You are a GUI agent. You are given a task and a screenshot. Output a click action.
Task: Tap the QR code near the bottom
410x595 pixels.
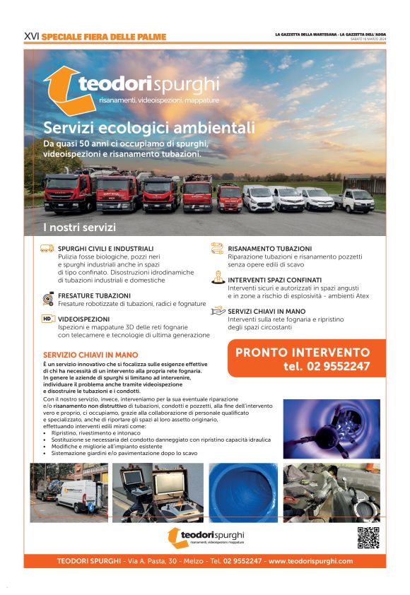[368, 538]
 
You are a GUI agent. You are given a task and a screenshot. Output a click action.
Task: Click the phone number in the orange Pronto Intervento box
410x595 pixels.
[327, 366]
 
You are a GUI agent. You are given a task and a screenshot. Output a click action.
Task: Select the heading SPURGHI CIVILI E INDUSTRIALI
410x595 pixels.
[105, 249]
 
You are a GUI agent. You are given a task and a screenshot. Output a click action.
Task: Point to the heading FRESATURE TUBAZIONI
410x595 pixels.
[94, 295]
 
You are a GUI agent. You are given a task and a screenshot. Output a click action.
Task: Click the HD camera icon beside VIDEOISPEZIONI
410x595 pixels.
[47, 319]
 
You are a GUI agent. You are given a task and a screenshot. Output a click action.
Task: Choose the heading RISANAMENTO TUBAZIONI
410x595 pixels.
[269, 249]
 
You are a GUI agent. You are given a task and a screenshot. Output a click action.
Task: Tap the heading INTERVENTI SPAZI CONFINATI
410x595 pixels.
[274, 280]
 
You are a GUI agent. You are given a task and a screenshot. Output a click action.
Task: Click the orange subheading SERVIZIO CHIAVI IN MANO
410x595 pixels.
[90, 355]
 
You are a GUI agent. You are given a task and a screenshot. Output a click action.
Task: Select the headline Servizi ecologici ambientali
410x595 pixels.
[148, 128]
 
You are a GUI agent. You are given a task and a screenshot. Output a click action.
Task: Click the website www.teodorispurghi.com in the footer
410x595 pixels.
[310, 561]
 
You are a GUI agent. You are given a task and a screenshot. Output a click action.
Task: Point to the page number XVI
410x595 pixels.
[31, 36]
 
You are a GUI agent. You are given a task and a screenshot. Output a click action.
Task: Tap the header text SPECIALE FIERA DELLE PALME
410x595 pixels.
[104, 36]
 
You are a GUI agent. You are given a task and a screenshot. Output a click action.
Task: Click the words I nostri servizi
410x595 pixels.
[79, 228]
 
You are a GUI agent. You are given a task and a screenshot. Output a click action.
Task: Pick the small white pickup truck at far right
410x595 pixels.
[355, 201]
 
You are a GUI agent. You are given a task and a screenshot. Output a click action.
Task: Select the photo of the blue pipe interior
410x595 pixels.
[242, 492]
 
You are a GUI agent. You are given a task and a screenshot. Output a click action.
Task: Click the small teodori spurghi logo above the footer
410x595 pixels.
[205, 537]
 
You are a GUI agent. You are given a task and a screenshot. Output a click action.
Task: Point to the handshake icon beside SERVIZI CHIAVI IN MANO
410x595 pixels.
[218, 312]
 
